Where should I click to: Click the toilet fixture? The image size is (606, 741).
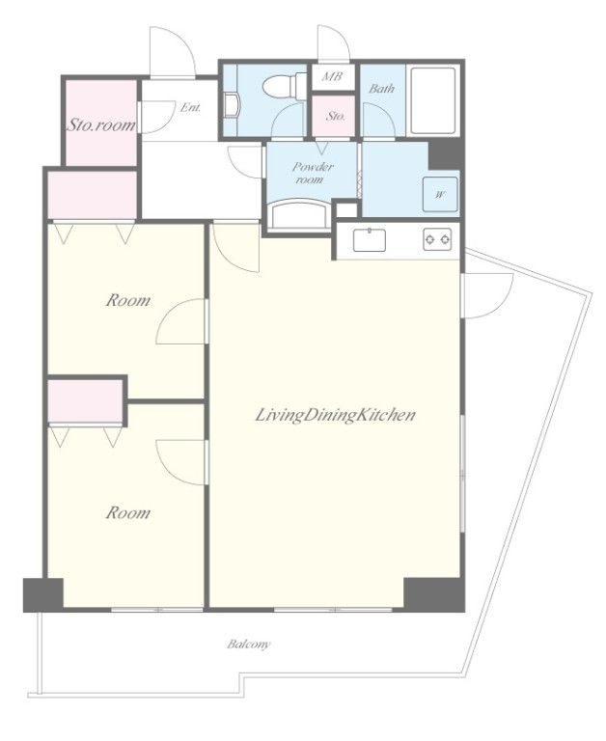285,86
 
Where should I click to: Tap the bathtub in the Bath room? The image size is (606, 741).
433,100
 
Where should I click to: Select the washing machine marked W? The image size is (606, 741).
440,194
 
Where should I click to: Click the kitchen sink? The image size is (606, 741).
370,239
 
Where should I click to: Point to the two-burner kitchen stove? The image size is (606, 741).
437,239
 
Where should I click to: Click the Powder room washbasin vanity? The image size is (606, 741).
299,215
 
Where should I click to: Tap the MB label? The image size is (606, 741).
332,76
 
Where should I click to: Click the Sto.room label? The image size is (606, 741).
101,124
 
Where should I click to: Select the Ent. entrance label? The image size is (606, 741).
190,108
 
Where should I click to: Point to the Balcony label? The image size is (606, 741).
249,644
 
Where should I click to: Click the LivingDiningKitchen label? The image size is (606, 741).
335,415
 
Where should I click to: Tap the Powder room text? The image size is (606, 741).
312,173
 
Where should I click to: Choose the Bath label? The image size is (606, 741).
381,89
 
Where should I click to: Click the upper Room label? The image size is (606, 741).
127,300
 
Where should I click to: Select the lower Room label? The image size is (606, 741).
127,512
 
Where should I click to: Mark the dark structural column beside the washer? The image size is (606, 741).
444,154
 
